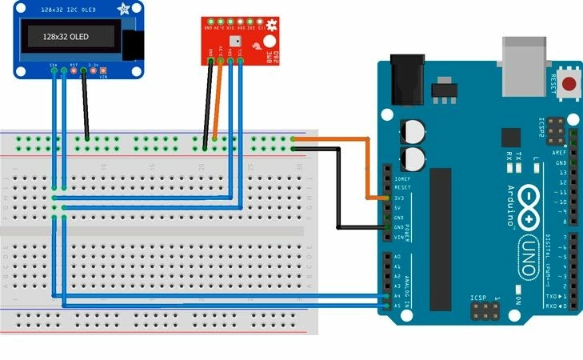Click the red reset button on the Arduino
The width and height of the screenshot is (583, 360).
coord(569,83)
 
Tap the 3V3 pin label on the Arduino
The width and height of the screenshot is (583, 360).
coord(399,198)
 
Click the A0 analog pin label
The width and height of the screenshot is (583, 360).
coord(397,256)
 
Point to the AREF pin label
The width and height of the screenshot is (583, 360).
coord(561,152)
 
